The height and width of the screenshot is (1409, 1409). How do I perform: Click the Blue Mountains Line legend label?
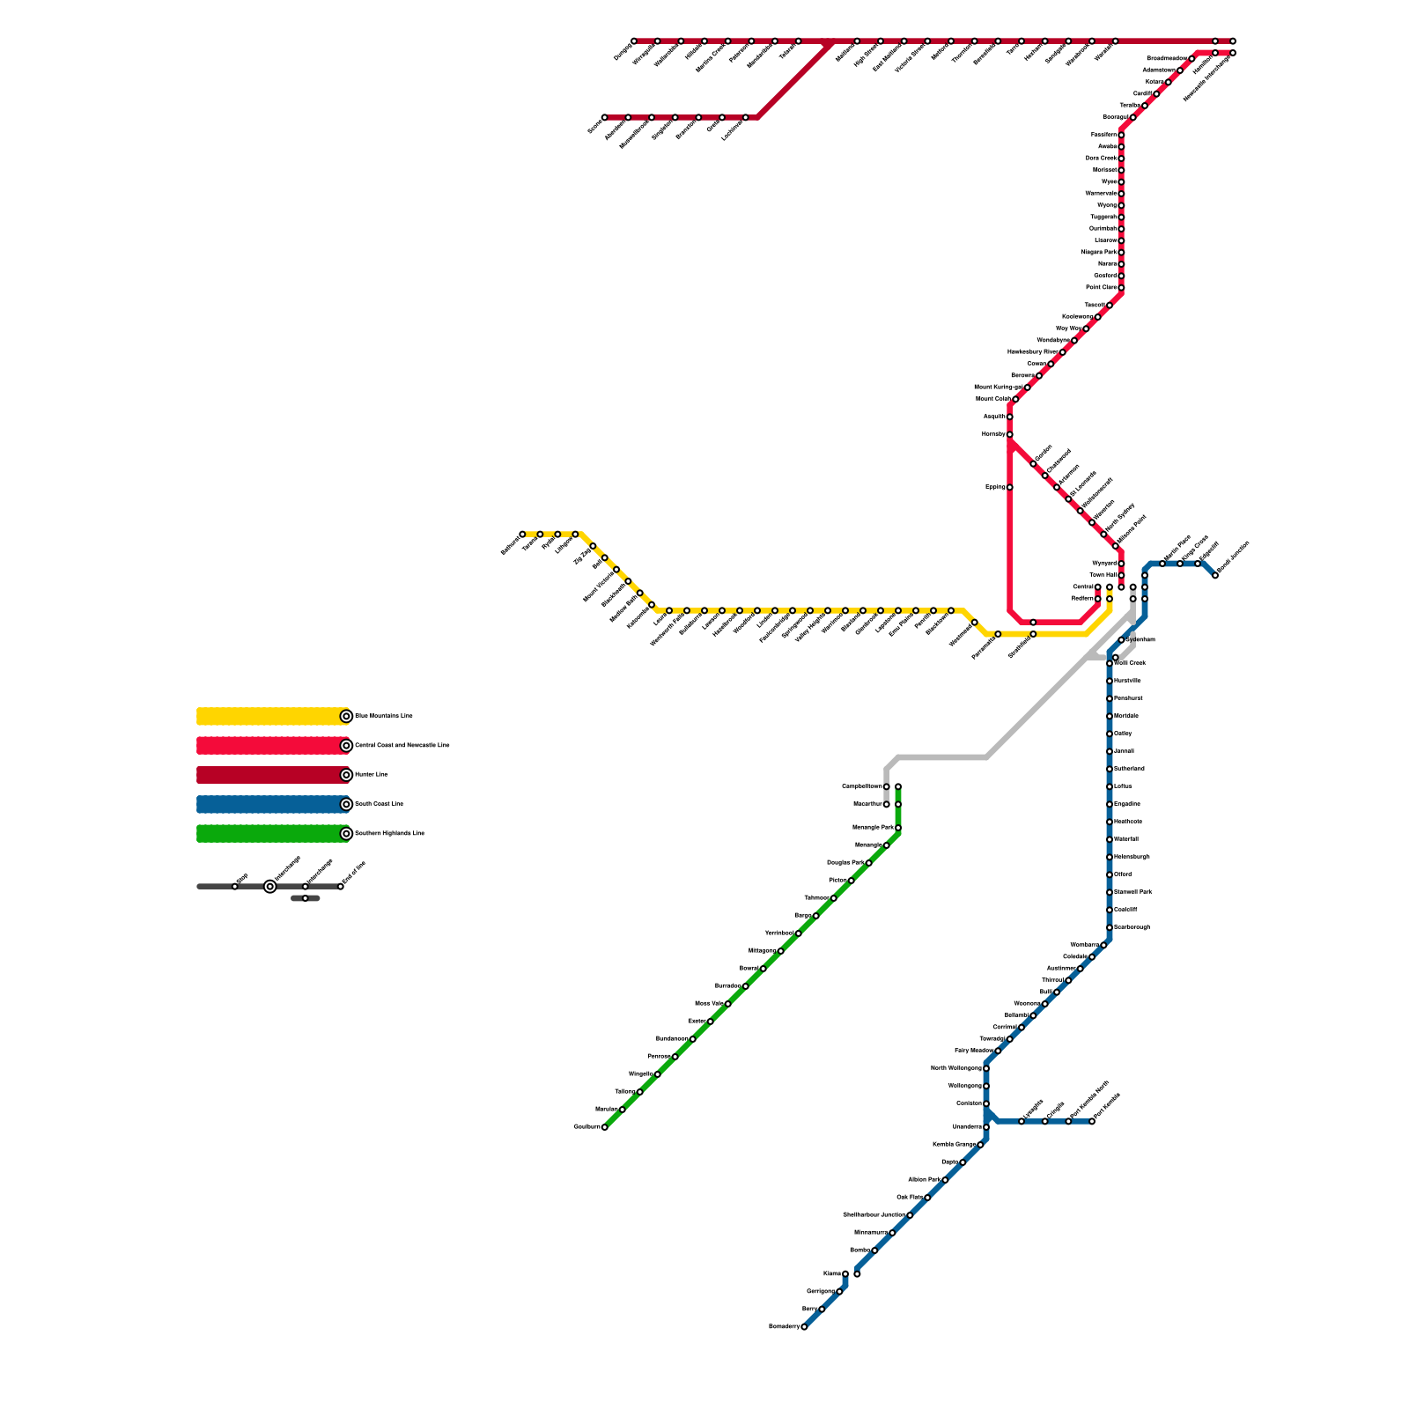point(384,717)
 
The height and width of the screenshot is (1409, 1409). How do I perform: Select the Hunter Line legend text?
point(371,775)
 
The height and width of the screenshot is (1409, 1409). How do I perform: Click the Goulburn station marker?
point(605,1127)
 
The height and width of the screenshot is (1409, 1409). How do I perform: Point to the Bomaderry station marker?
point(804,1327)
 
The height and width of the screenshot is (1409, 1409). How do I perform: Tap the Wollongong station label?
point(964,1086)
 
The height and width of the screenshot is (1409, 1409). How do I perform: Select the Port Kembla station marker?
point(1092,1121)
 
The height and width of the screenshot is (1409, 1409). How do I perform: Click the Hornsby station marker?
point(1010,434)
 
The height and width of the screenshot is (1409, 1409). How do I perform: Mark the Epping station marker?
point(1010,487)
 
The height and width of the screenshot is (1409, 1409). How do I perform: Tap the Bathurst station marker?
point(522,535)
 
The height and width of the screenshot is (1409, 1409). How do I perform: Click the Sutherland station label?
point(1129,769)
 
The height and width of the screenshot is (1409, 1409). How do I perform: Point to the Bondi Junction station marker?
point(1215,575)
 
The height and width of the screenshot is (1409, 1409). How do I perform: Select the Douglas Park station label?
point(845,863)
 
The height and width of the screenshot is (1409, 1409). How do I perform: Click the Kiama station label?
point(832,1273)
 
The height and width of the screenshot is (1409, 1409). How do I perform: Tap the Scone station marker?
point(605,117)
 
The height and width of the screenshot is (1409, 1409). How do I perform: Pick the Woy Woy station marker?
point(1086,328)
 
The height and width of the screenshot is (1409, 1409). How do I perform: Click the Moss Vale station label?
point(709,1004)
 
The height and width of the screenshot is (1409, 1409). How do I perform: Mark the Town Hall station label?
point(1103,575)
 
